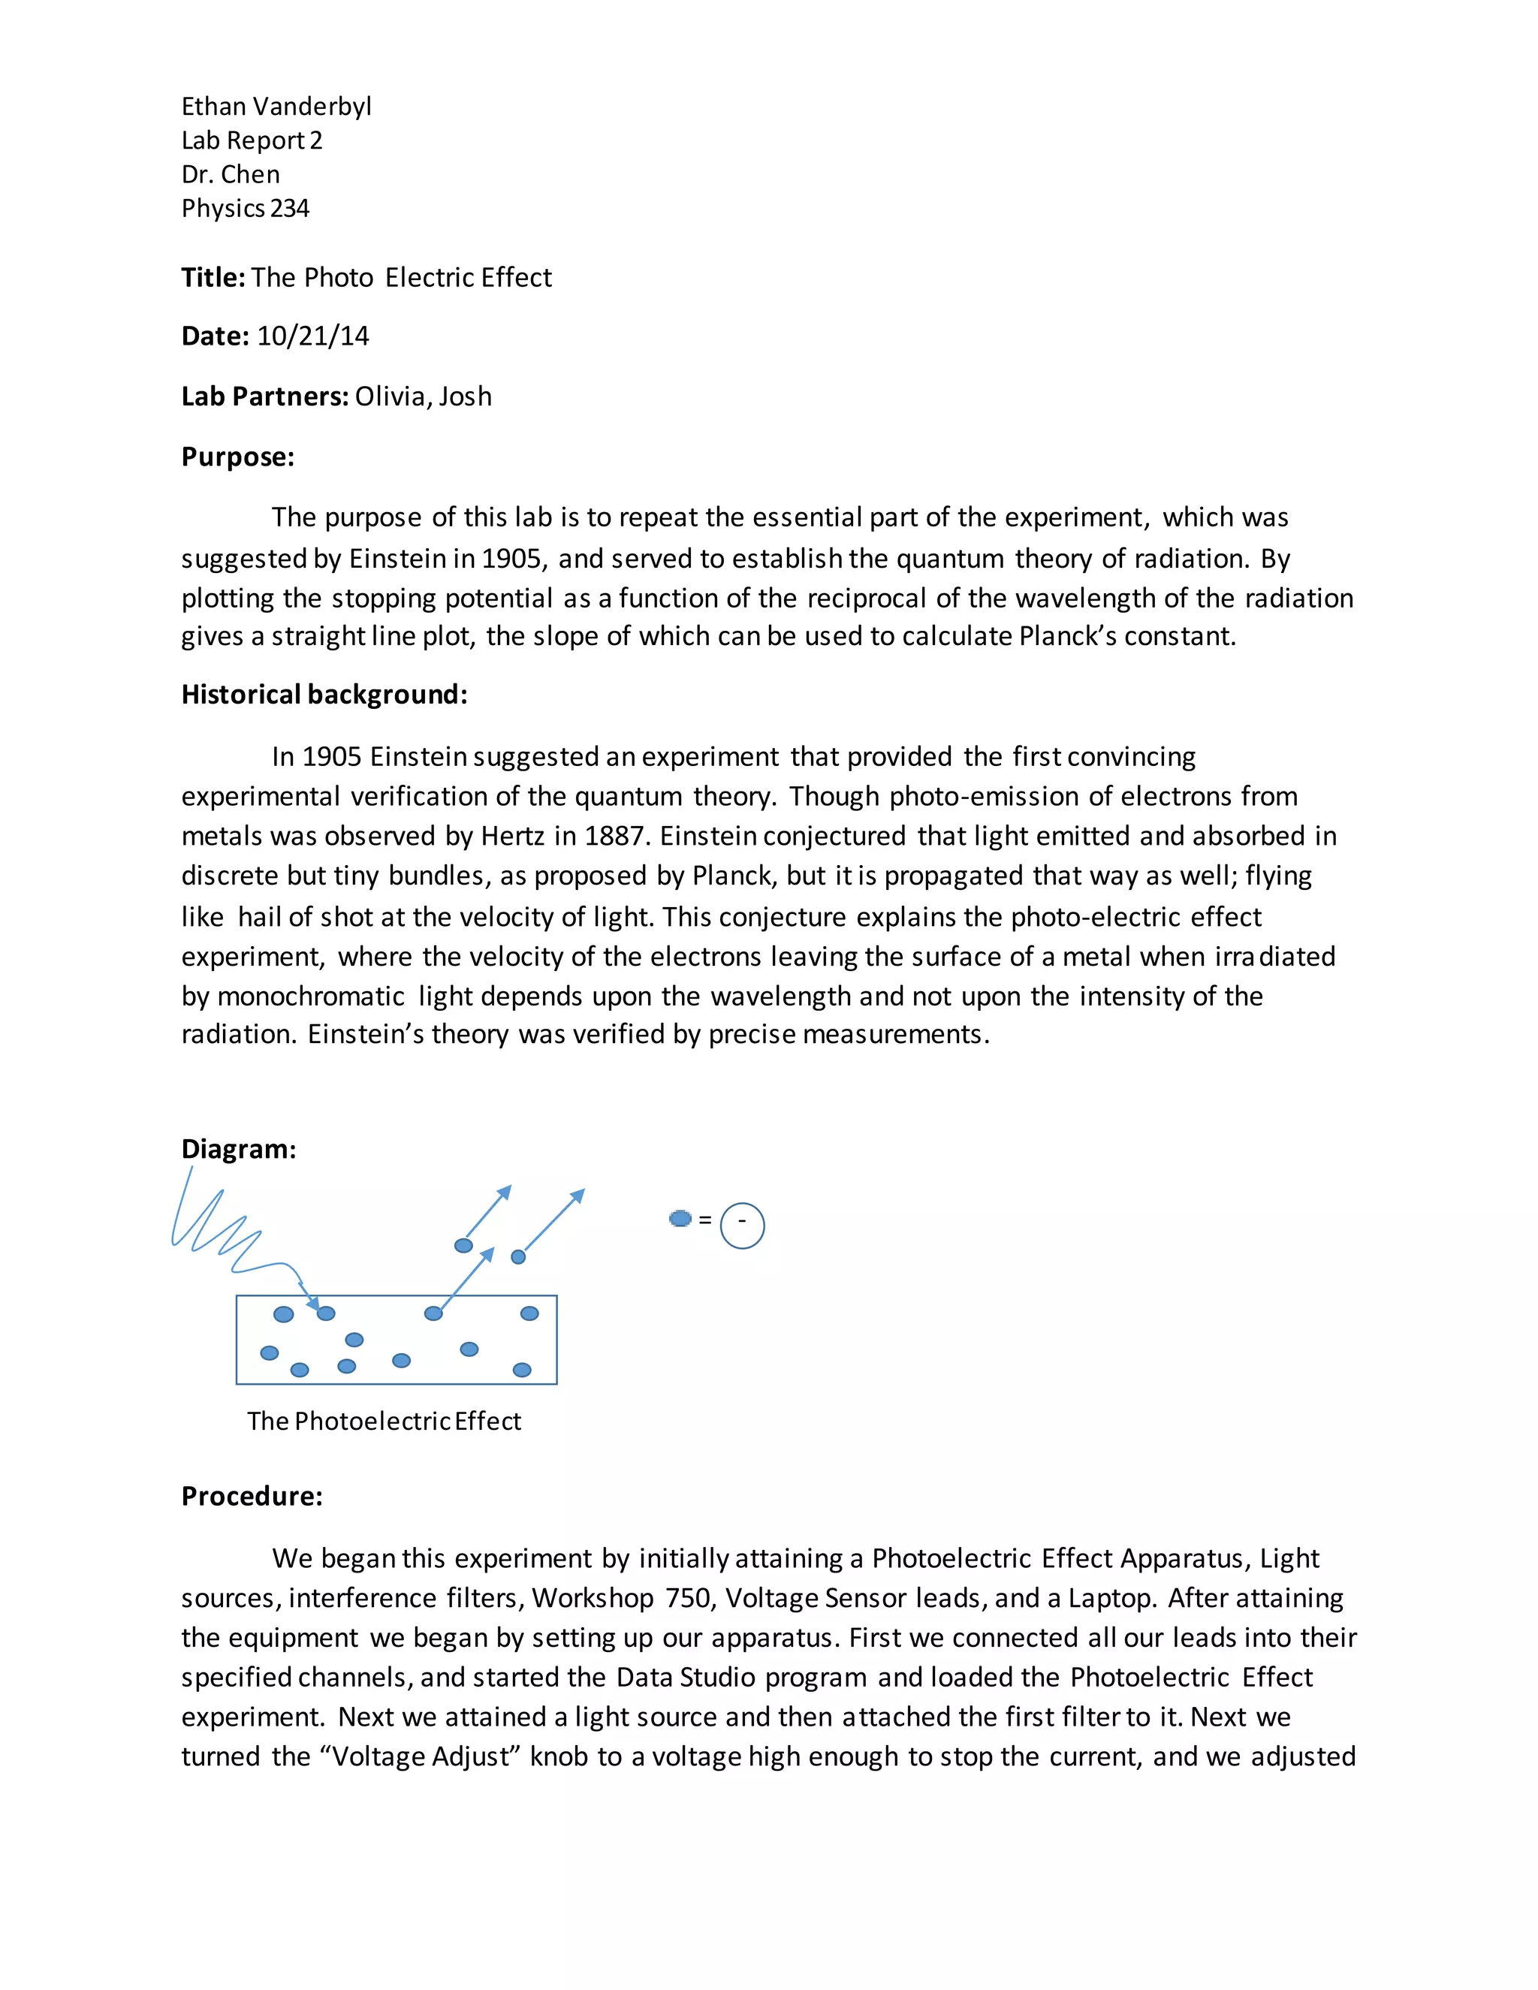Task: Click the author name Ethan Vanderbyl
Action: tap(276, 107)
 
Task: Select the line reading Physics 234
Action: tap(245, 209)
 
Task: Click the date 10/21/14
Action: tap(312, 336)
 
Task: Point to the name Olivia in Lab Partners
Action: tap(390, 396)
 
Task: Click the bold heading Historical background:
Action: tap(324, 695)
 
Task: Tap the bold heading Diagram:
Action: tap(239, 1149)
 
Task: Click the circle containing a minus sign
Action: tap(742, 1226)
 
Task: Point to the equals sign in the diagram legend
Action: tap(704, 1219)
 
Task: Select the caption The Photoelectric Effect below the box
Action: tap(384, 1422)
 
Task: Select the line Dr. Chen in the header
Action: tap(231, 174)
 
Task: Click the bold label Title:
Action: tap(213, 277)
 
